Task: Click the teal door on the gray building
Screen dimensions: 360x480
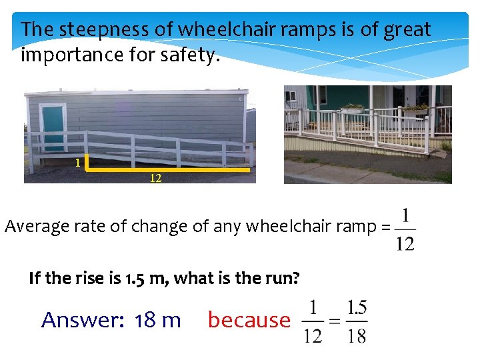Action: [x=53, y=128]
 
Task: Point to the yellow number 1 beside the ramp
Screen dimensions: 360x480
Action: [x=78, y=162]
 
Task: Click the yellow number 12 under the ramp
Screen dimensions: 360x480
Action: [x=155, y=179]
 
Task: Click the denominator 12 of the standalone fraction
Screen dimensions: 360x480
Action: [x=405, y=243]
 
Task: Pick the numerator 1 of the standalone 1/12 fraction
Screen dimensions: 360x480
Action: [x=405, y=217]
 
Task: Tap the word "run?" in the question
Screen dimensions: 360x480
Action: [x=281, y=278]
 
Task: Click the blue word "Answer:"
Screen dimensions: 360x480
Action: [x=83, y=320]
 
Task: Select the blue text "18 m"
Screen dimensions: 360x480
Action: [x=157, y=320]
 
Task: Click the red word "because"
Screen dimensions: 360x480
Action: [x=249, y=320]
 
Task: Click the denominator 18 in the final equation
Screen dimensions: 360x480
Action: [x=357, y=335]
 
